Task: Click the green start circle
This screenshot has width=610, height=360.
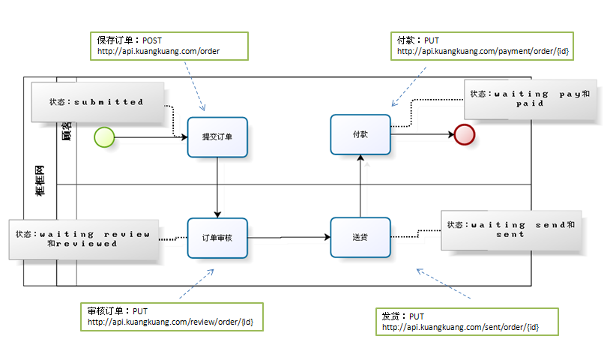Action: point(104,136)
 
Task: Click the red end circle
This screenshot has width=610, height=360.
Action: point(465,134)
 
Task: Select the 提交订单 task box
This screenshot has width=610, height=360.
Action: point(217,136)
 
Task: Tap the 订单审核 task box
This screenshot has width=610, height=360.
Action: point(217,238)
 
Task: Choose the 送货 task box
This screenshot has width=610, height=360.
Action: point(360,238)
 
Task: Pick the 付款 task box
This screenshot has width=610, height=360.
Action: point(360,135)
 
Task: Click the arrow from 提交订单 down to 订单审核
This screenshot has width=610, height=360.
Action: point(217,187)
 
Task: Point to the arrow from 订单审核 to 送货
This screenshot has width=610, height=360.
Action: point(289,238)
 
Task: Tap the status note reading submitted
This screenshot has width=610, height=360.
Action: point(97,102)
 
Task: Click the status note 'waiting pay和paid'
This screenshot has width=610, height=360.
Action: point(531,99)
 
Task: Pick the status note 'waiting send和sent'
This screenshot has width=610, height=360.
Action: point(511,229)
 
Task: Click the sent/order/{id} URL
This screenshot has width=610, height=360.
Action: point(460,328)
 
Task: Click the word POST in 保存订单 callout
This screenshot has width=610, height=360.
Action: point(152,40)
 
